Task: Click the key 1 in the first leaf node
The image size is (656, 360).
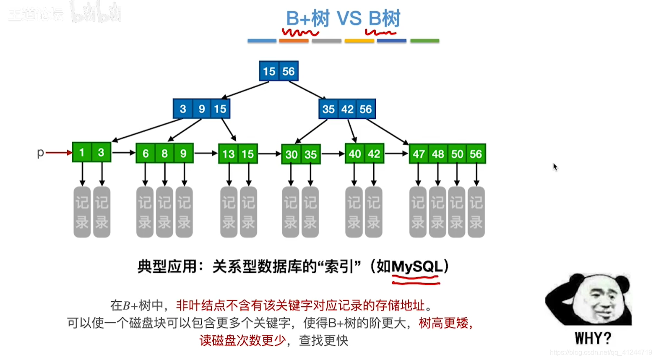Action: click(x=82, y=153)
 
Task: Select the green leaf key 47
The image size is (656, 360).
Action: click(x=419, y=154)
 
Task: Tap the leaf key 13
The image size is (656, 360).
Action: click(x=229, y=154)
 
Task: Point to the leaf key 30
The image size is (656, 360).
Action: click(x=292, y=155)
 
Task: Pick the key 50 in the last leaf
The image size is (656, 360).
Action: click(x=457, y=154)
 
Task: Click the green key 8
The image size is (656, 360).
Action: click(x=164, y=154)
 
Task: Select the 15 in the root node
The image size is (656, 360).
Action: click(x=269, y=72)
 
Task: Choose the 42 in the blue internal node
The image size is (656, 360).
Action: click(x=347, y=110)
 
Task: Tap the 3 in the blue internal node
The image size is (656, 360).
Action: click(x=183, y=109)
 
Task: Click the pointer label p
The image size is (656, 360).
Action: click(x=40, y=153)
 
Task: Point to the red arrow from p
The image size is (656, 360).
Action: click(x=59, y=153)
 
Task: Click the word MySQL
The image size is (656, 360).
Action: click(x=417, y=267)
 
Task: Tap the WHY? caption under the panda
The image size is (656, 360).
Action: click(x=593, y=338)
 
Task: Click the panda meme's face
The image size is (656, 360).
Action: click(x=598, y=300)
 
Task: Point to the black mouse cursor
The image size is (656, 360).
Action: click(x=555, y=167)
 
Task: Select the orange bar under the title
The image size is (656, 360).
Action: click(x=294, y=41)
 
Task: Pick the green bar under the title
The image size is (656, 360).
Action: click(x=424, y=41)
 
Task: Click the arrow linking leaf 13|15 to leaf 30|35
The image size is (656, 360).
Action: click(x=269, y=154)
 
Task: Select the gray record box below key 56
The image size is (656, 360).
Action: click(x=476, y=212)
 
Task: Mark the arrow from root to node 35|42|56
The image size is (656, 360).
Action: click(x=307, y=91)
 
